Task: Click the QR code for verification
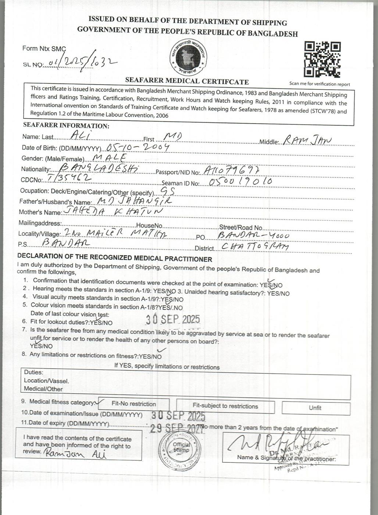322,59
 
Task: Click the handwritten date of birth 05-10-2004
138,147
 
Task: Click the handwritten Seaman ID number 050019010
240,182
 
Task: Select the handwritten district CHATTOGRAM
256,246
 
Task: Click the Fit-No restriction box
133,404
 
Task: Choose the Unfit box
315,408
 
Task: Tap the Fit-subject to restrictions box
225,406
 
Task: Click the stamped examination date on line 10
178,415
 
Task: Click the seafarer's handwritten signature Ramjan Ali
76,454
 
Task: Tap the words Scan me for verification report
320,84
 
